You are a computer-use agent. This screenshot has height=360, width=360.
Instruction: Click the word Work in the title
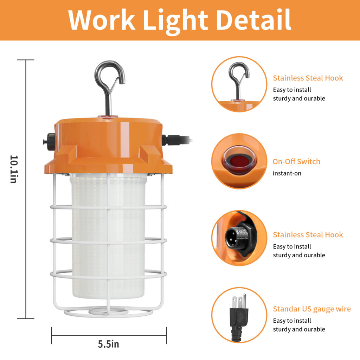tap(102, 20)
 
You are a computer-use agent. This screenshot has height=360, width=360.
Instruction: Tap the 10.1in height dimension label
tap(14, 169)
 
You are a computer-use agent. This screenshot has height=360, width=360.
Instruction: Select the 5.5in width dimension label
tap(108, 344)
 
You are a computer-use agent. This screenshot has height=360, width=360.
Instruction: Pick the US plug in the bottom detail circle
tap(239, 315)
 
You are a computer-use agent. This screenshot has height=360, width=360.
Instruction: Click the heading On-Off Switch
tap(296, 162)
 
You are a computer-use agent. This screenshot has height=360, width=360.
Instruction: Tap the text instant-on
tap(287, 173)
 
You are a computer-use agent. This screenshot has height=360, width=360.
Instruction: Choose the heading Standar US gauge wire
tap(312, 309)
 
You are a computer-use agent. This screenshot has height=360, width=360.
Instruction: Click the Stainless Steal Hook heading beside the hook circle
tap(308, 78)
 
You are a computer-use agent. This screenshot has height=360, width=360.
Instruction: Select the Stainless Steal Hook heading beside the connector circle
tap(308, 235)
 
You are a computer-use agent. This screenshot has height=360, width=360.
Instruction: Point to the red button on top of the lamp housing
tap(108, 117)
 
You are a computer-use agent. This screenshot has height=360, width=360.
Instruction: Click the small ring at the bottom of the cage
tap(108, 311)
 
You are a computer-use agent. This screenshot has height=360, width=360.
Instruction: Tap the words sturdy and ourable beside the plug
tap(299, 329)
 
